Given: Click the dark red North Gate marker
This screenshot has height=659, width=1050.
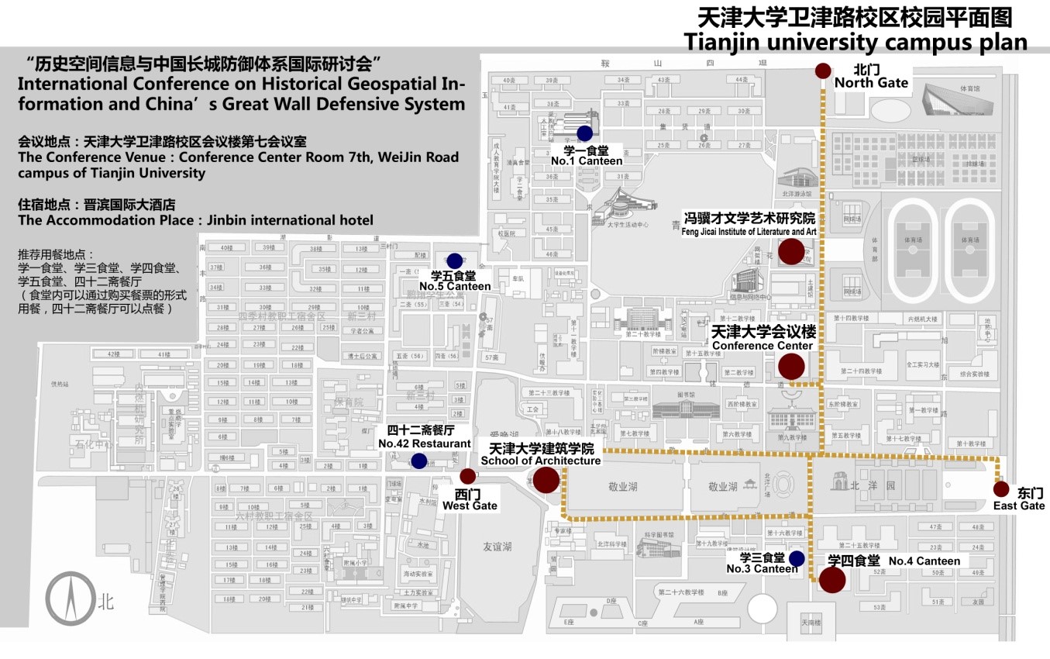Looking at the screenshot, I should click(x=822, y=71).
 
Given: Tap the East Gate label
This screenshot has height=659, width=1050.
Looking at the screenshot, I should click(x=1019, y=505).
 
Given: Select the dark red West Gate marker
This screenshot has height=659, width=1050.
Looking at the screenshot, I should click(x=467, y=476).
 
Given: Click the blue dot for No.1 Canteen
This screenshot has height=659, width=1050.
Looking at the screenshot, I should click(x=584, y=133).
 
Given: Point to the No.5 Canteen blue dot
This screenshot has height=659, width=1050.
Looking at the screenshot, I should click(x=455, y=260).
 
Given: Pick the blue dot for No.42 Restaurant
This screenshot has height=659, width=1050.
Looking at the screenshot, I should click(x=418, y=461).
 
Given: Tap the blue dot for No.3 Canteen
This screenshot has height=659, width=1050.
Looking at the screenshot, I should click(x=796, y=558).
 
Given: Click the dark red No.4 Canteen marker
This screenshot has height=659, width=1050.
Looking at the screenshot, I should click(x=832, y=580).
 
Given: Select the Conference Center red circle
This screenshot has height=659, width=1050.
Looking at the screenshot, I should click(x=791, y=366).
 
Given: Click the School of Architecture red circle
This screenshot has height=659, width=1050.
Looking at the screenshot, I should click(x=546, y=480).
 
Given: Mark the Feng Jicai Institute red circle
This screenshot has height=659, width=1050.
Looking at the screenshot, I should click(x=791, y=252).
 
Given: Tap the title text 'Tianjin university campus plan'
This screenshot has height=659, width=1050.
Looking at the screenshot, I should click(x=855, y=42).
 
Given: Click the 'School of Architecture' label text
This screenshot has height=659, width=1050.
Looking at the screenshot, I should click(x=541, y=461).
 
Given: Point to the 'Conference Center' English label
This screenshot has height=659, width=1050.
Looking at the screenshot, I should click(x=762, y=346).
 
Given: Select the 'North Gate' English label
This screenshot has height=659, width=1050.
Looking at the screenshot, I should click(x=871, y=83).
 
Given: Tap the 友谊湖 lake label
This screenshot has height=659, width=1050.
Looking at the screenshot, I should click(x=497, y=547).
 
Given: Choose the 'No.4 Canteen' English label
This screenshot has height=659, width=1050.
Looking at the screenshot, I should click(x=924, y=561).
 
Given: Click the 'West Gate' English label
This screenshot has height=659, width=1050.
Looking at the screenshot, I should click(x=470, y=505).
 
